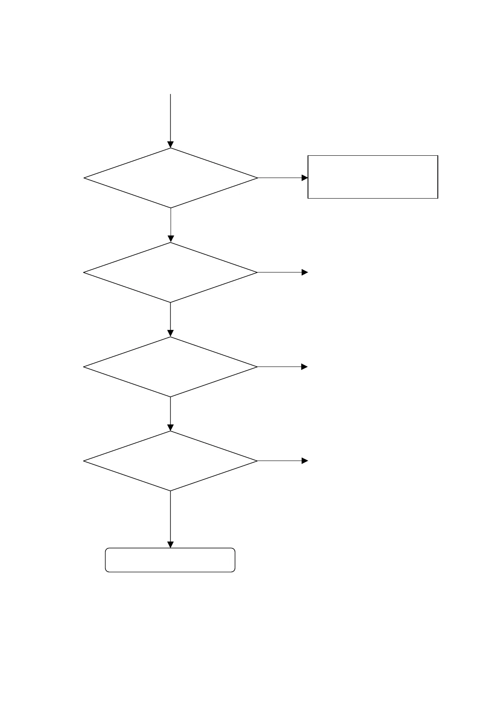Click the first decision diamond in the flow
click(171, 178)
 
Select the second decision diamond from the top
click(171, 272)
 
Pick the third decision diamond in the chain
click(171, 367)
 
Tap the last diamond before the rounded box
click(171, 461)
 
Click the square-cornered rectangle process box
click(373, 177)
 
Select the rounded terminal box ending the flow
click(170, 560)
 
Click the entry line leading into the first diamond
click(171, 118)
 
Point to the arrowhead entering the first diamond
click(171, 145)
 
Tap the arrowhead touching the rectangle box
click(305, 178)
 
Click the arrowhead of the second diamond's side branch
click(305, 272)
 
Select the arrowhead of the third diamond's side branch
click(305, 367)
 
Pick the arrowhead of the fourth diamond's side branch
click(305, 461)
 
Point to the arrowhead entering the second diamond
click(171, 239)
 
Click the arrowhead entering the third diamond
click(171, 333)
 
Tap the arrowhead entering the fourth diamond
click(171, 428)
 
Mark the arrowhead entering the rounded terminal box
click(171, 545)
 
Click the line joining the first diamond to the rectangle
click(279, 178)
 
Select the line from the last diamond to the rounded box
click(171, 516)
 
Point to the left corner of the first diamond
click(84, 178)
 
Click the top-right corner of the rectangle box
click(437, 156)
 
